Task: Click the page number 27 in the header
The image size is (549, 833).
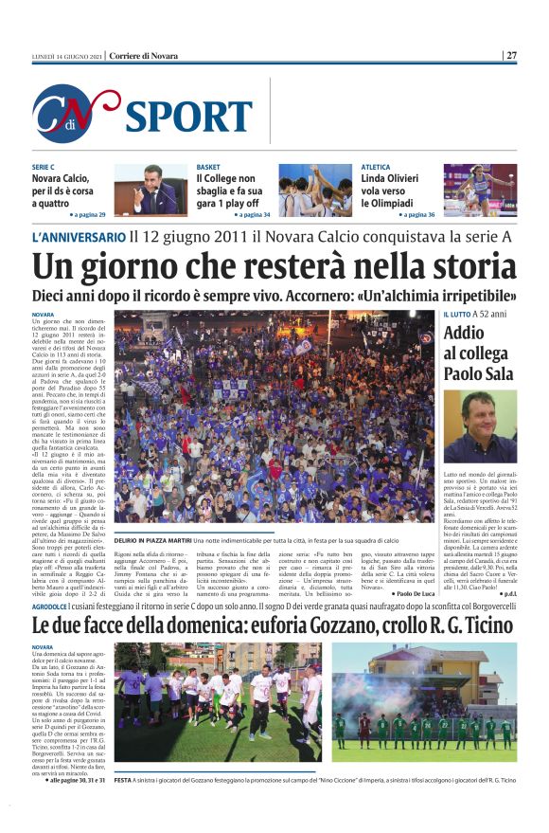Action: click(x=511, y=55)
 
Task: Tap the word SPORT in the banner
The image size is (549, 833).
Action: click(x=187, y=116)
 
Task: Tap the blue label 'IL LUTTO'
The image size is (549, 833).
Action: click(x=457, y=314)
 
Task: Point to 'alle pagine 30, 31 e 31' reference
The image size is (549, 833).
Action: click(x=77, y=779)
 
